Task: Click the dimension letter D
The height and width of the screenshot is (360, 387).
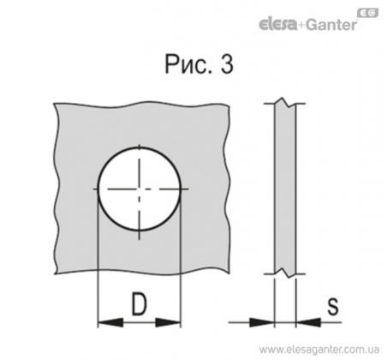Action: click(x=139, y=303)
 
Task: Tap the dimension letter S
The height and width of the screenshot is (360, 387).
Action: click(x=333, y=307)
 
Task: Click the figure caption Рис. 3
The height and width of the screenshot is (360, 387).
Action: click(x=199, y=64)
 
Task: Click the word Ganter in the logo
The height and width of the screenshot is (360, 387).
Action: click(x=331, y=25)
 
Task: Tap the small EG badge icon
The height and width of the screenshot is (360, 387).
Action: click(x=368, y=13)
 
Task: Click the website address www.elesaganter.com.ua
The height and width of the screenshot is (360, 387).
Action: click(x=319, y=350)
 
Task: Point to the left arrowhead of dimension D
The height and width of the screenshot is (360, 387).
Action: click(x=110, y=322)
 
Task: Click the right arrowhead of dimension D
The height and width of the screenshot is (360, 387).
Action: click(x=168, y=322)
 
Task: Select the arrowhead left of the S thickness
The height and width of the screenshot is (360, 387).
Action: click(x=262, y=322)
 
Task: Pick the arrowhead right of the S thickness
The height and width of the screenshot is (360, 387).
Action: click(x=308, y=322)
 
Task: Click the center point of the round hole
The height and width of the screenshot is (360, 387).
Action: click(x=140, y=189)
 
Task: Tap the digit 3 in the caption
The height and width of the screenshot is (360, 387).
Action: click(x=227, y=64)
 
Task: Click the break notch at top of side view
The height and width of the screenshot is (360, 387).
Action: click(x=285, y=103)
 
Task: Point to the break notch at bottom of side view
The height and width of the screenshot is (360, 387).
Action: click(x=285, y=273)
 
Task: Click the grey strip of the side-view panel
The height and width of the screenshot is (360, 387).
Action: click(x=285, y=188)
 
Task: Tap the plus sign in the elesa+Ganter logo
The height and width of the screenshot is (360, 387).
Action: click(x=301, y=26)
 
